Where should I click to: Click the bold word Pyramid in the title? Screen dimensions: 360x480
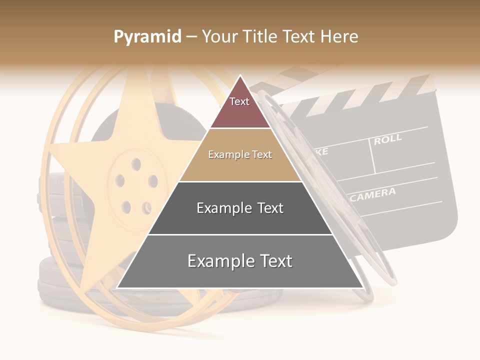tap(147, 37)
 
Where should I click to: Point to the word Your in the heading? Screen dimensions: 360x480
tap(219, 37)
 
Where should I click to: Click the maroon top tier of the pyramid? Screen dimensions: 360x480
tap(240, 107)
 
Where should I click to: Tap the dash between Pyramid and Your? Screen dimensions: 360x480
tap(191, 37)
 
